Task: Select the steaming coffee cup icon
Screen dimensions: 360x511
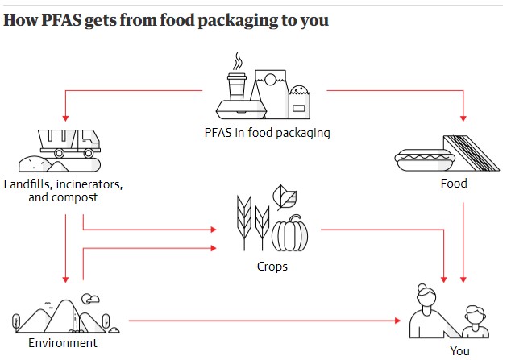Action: pyautogui.click(x=237, y=81)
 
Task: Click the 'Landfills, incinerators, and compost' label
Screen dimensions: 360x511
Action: pyautogui.click(x=64, y=190)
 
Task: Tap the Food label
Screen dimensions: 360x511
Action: pyautogui.click(x=454, y=183)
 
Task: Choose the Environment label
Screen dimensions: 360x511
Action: pyautogui.click(x=63, y=343)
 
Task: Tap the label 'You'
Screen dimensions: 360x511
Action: pyautogui.click(x=460, y=350)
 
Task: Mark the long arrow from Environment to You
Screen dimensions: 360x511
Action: pyautogui.click(x=266, y=321)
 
